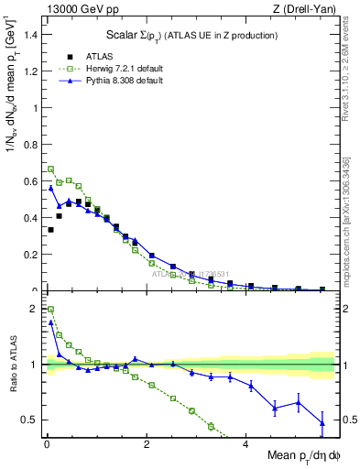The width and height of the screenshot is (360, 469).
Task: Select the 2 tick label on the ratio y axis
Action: [x=35, y=309]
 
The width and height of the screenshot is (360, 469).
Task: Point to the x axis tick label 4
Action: [x=245, y=446]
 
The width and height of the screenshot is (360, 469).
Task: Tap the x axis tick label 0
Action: [x=47, y=446]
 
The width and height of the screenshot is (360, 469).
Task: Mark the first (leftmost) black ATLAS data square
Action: [x=49, y=230]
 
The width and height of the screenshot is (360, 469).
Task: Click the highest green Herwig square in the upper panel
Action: [x=49, y=169]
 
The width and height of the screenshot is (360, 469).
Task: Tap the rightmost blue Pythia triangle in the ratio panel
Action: [x=322, y=422]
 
